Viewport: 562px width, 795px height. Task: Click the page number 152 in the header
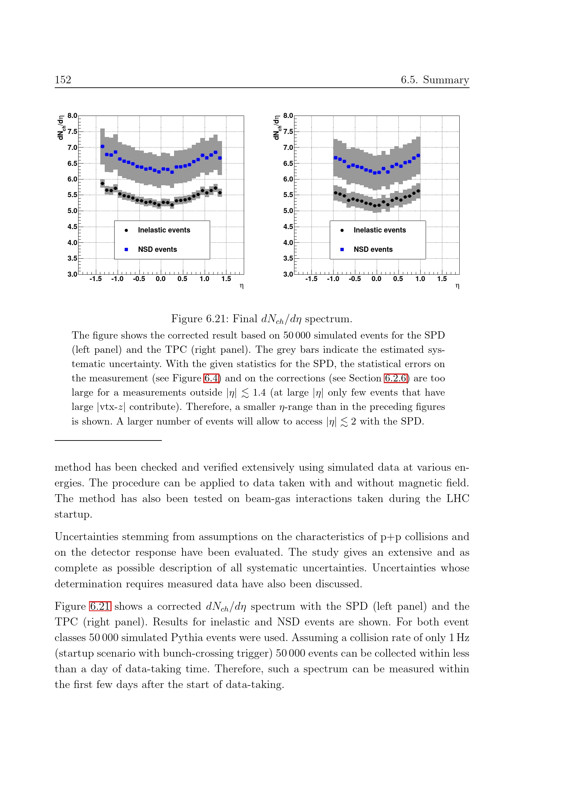coord(63,80)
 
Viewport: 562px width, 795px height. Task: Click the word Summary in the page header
coord(446,80)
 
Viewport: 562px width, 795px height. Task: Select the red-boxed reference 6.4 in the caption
coord(211,378)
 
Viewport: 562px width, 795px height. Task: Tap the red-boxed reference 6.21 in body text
coord(100,606)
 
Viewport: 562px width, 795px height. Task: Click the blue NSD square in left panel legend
coord(126,249)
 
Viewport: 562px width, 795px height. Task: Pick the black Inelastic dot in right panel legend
coord(342,230)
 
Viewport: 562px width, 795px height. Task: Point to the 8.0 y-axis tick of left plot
coord(72,116)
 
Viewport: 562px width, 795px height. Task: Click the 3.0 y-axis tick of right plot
coord(288,274)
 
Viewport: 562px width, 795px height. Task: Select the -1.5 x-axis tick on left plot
coord(96,279)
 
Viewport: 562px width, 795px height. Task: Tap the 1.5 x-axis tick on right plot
coord(442,279)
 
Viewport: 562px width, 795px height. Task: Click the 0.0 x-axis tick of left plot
coord(161,279)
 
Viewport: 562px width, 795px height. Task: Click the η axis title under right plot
coord(457,286)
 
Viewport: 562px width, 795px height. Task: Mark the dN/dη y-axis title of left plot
coord(61,127)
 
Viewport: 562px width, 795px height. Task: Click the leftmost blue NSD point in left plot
coord(102,146)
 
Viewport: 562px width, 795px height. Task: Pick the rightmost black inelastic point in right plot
coord(418,191)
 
